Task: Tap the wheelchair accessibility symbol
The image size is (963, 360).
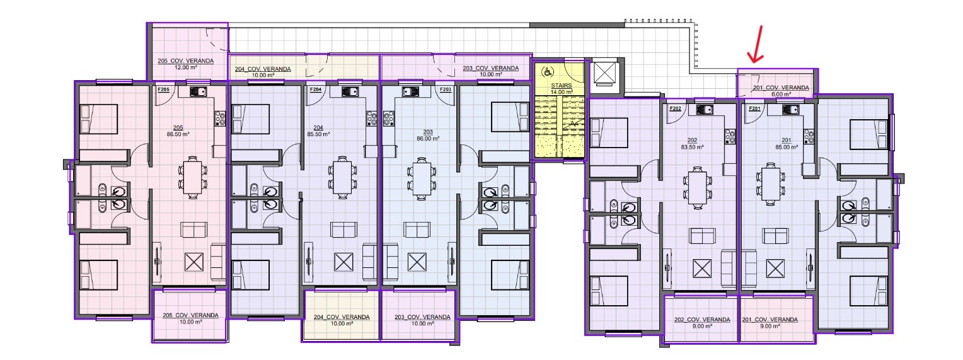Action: click(547, 71)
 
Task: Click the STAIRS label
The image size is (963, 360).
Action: click(562, 86)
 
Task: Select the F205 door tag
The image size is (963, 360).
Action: click(163, 90)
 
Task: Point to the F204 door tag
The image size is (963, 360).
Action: click(316, 90)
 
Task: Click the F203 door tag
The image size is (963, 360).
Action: click(446, 90)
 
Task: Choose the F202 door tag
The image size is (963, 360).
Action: click(676, 108)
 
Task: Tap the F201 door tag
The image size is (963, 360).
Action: click(754, 108)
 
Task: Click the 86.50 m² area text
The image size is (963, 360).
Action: click(178, 134)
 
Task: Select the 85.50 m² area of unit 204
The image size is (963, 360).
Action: click(318, 134)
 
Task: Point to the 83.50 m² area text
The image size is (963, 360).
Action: click(692, 147)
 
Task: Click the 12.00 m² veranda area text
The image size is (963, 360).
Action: click(186, 67)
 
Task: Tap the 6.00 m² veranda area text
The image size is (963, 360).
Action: click(781, 94)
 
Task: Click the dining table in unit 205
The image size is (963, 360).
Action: click(192, 177)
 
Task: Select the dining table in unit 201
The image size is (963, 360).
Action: click(770, 183)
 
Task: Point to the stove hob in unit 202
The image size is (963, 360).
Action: click(730, 136)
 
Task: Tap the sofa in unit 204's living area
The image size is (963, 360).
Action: click(343, 229)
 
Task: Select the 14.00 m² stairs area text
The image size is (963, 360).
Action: click(562, 92)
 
